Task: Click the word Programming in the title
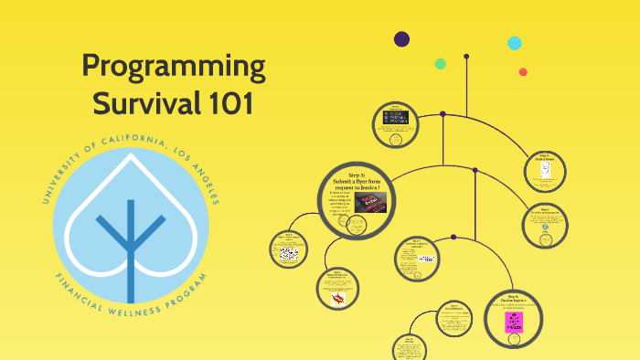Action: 173,67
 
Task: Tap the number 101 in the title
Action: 223,103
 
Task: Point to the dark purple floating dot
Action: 401,38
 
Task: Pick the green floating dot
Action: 440,64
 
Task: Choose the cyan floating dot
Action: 515,43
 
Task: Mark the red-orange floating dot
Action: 523,72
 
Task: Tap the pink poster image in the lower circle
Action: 514,323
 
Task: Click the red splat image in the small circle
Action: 337,299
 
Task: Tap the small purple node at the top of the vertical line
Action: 466,57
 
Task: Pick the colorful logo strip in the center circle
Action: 425,259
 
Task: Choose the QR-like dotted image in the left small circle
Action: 290,253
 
